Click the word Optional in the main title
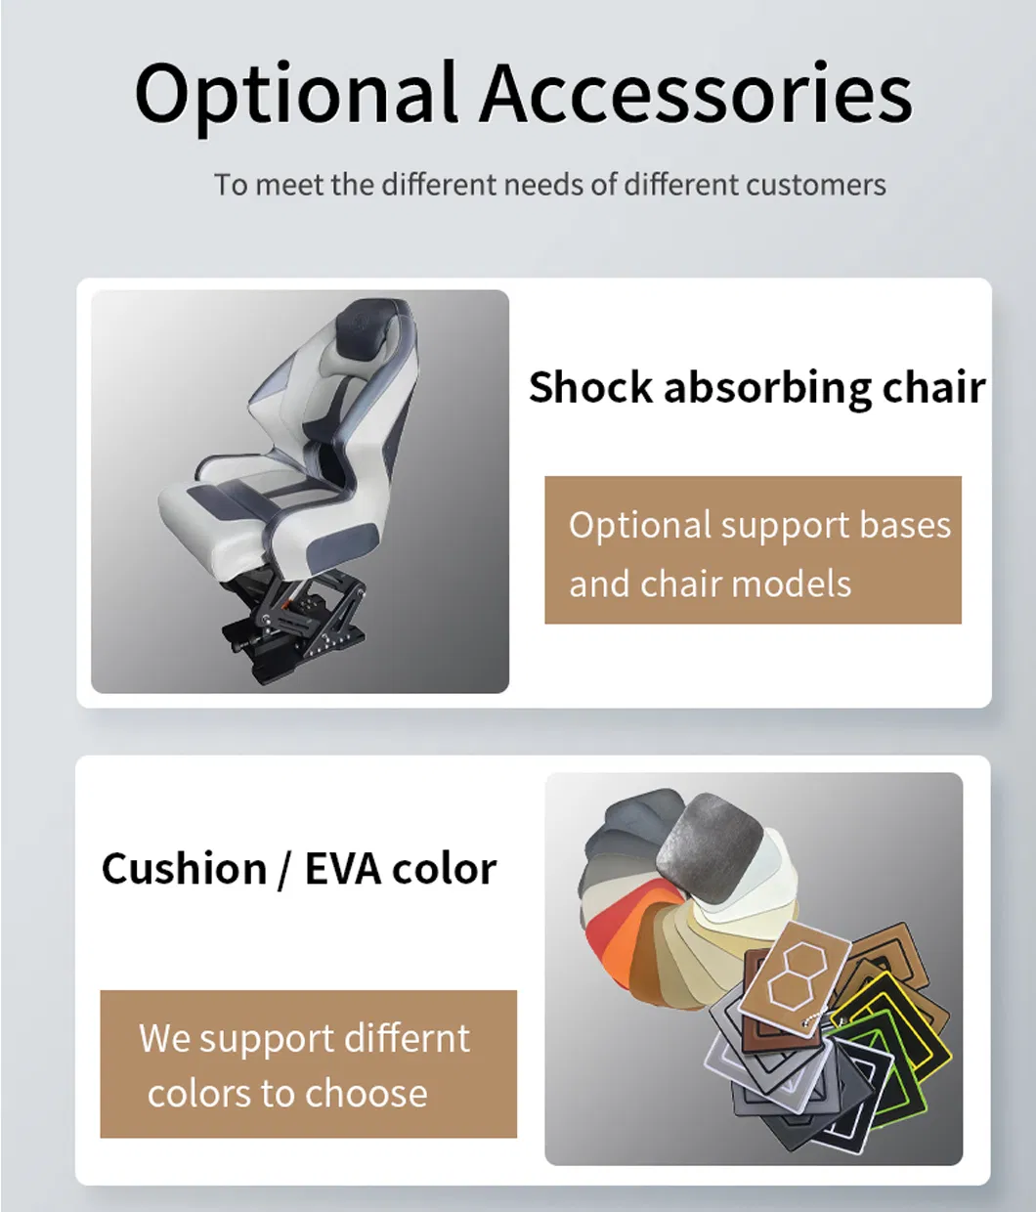click(295, 95)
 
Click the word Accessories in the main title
click(695, 95)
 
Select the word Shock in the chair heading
click(589, 387)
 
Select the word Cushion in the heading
click(184, 868)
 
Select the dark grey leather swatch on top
click(709, 839)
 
